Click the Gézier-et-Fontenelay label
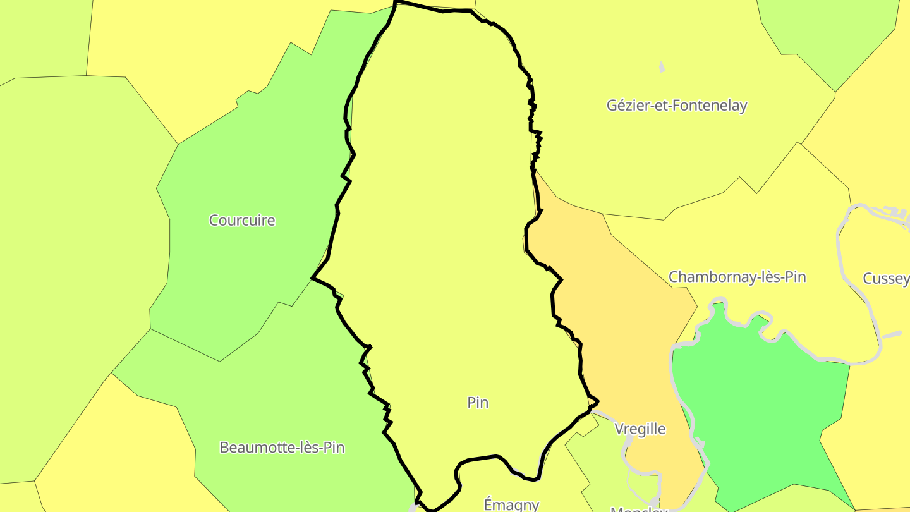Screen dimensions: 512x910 [x=677, y=106]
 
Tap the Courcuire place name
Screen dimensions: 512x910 [x=242, y=221]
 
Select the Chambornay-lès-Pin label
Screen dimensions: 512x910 [x=737, y=277]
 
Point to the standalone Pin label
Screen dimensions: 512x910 [x=478, y=403]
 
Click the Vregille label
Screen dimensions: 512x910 [x=640, y=429]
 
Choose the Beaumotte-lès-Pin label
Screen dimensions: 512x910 [x=282, y=448]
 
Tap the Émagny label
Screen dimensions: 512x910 [x=511, y=504]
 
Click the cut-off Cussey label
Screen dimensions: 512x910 [x=886, y=279]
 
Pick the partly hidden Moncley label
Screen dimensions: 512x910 [x=638, y=509]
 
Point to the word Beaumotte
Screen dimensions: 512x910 [x=252, y=448]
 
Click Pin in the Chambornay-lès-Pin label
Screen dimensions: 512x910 [x=794, y=277]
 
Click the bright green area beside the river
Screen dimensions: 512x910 [x=758, y=405]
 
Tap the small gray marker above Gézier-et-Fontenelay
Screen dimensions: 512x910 [x=662, y=67]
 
